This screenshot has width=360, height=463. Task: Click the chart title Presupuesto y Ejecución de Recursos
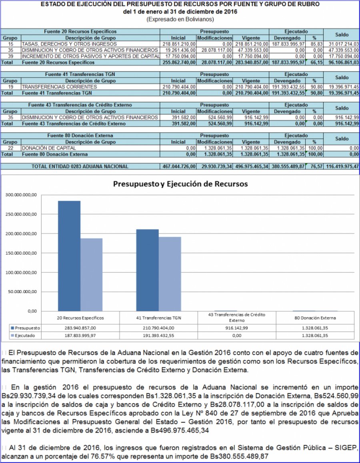pyautogui.click(x=180, y=184)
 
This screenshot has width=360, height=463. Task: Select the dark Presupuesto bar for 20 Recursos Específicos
pyautogui.click(x=69, y=256)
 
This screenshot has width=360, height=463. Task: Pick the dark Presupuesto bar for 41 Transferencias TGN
pyautogui.click(x=147, y=270)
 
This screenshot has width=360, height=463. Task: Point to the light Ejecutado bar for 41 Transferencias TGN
pyautogui.click(x=170, y=274)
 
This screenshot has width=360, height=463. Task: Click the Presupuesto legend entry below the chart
pyautogui.click(x=25, y=328)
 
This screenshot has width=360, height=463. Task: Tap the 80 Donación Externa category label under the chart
pyautogui.click(x=315, y=318)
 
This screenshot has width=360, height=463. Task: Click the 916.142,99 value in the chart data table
pyautogui.click(x=237, y=328)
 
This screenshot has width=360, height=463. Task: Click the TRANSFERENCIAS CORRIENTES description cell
pyautogui.click(x=59, y=87)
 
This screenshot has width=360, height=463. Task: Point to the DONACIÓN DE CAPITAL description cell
pyautogui.click(x=49, y=148)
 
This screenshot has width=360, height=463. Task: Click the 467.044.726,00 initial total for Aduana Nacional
pyautogui.click(x=179, y=167)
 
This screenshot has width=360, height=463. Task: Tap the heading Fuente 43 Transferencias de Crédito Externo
pyautogui.click(x=80, y=105)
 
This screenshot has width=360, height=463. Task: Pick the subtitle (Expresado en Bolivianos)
pyautogui.click(x=180, y=20)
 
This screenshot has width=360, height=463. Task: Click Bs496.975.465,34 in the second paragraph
pyautogui.click(x=180, y=431)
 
